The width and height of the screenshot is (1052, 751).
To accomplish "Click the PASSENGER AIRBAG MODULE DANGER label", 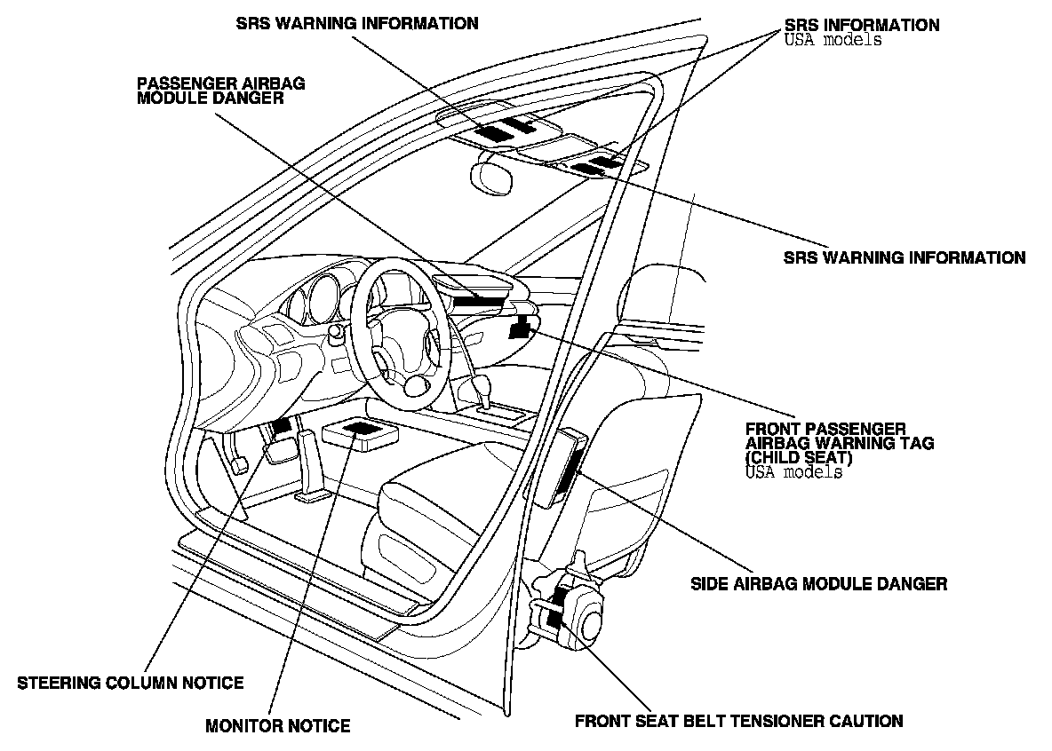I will [220, 91].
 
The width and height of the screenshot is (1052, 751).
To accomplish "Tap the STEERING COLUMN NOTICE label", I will [131, 683].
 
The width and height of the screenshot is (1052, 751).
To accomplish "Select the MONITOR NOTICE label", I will [277, 726].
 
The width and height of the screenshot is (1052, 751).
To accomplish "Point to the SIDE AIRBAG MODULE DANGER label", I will [818, 584].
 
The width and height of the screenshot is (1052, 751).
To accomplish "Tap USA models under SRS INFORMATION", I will [833, 40].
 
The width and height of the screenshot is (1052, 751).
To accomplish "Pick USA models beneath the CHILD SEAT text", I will [794, 472].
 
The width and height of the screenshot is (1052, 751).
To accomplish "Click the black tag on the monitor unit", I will [361, 429].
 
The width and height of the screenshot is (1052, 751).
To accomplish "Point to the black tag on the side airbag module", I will [570, 469].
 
